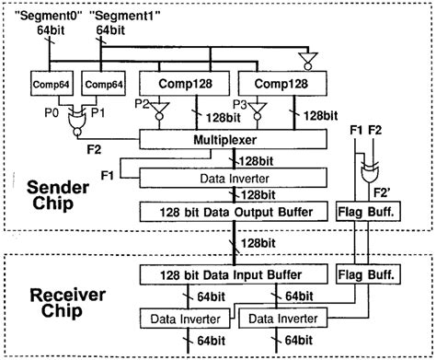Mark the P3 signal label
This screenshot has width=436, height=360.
[240, 104]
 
